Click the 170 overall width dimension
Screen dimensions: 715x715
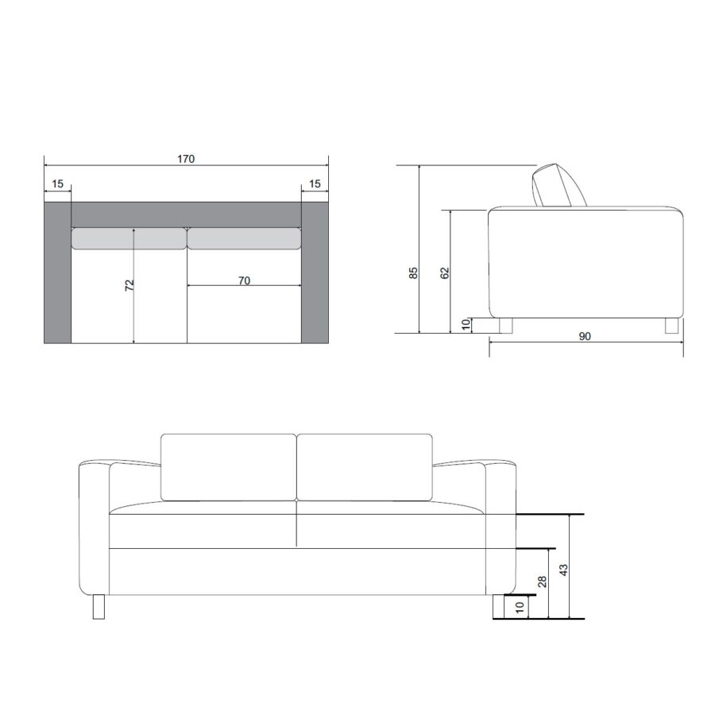click(x=186, y=159)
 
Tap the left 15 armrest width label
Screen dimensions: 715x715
click(x=57, y=184)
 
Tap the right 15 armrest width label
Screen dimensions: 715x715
click(x=315, y=184)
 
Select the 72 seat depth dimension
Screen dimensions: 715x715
click(x=129, y=285)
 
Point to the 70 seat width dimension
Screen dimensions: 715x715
click(x=245, y=280)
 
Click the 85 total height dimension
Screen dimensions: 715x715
click(x=413, y=272)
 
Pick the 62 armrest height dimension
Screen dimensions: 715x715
click(x=445, y=272)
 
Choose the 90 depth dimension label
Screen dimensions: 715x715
click(x=585, y=336)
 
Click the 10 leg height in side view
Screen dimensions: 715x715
click(x=466, y=324)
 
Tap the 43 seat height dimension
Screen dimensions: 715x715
click(x=563, y=570)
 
